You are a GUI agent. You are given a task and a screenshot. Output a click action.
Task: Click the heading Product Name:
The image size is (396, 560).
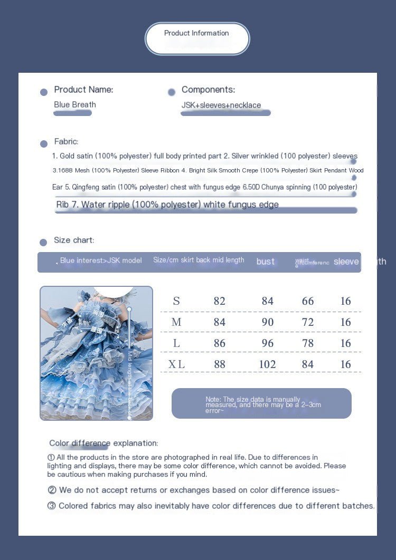(x=83, y=90)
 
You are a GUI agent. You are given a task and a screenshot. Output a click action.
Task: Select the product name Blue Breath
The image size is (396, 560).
(x=75, y=105)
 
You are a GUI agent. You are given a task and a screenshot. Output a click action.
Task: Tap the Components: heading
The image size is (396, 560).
(x=208, y=90)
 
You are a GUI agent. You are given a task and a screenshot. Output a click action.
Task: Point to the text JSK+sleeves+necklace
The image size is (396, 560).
(x=221, y=105)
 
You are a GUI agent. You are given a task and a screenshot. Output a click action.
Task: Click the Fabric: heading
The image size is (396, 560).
(x=66, y=141)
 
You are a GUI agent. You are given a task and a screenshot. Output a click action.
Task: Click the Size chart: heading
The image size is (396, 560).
(x=74, y=240)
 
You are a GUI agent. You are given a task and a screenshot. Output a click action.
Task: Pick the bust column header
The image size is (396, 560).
(x=266, y=262)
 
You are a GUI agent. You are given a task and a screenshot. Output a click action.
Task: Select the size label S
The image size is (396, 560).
(x=176, y=301)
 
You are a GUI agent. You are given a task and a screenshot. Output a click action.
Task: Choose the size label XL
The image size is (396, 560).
(x=176, y=364)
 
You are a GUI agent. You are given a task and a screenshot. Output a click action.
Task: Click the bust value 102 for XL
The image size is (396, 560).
(x=268, y=364)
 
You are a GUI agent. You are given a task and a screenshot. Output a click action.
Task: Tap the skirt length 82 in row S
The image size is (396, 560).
(x=220, y=301)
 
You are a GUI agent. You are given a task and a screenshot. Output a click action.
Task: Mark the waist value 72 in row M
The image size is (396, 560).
(x=308, y=322)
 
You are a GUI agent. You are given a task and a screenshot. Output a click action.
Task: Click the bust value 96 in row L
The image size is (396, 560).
(x=268, y=343)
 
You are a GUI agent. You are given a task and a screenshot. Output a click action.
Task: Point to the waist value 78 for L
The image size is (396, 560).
(x=308, y=343)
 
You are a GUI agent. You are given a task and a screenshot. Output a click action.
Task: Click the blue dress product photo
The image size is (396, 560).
(x=96, y=353)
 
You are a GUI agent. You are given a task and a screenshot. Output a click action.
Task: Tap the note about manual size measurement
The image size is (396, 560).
(x=261, y=404)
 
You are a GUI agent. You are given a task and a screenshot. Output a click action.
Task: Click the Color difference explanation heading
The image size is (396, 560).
(x=103, y=443)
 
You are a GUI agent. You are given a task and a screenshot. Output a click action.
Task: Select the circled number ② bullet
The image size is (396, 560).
(x=52, y=490)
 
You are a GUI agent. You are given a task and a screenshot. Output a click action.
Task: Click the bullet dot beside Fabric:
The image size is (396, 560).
(x=44, y=143)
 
